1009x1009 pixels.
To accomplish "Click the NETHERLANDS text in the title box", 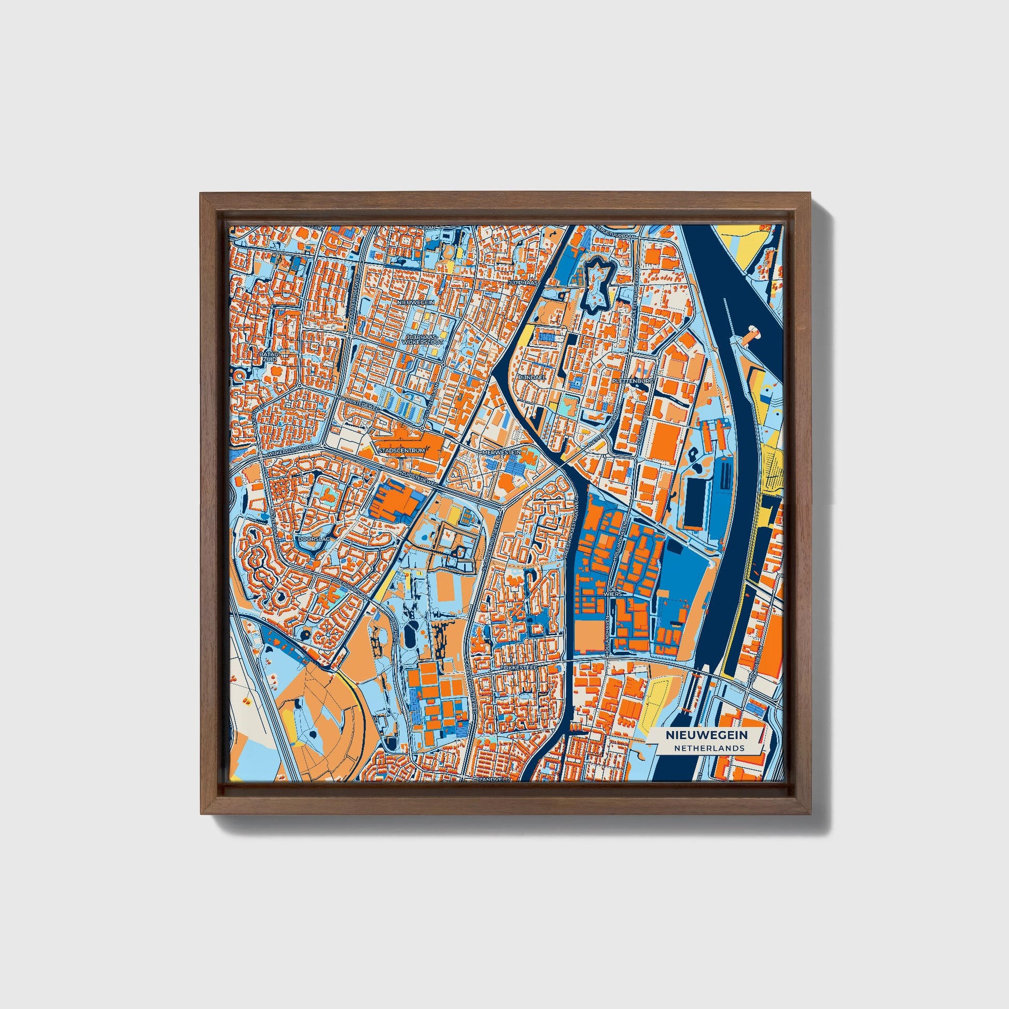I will pos(709,748).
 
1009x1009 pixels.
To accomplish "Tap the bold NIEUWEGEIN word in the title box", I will pos(706,735).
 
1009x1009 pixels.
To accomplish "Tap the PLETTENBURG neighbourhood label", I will pos(633,381).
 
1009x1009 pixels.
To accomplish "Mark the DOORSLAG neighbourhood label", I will pos(311,538).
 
